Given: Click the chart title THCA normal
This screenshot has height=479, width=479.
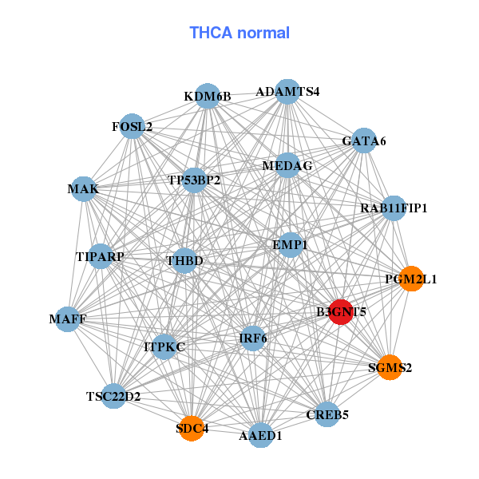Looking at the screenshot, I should point(239,33).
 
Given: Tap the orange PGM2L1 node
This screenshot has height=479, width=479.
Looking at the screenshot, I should point(410,279).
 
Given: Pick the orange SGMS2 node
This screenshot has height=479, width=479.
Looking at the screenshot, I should point(390,367).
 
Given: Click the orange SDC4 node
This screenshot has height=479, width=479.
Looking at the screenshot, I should point(192,429).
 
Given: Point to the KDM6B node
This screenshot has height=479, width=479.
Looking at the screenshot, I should point(208,96).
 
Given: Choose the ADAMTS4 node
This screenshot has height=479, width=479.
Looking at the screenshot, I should point(287,91).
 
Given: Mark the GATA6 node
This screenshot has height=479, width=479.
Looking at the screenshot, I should point(364,141).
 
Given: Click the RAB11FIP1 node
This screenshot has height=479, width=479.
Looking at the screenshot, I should point(394,208).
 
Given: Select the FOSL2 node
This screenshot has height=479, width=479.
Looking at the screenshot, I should point(133,126).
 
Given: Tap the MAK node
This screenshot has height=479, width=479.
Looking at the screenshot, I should point(83,189).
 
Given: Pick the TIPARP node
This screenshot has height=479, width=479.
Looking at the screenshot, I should point(100,256).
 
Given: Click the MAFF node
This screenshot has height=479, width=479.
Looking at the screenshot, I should point(68,319).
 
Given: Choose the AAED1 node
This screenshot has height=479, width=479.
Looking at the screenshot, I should point(261,436).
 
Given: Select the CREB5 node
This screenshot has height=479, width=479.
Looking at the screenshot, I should point(327,414).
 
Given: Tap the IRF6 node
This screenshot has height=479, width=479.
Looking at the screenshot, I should point(253,338).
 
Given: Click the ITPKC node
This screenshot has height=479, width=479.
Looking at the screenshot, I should point(164,346).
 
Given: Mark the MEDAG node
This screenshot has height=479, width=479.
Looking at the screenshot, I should point(287,165).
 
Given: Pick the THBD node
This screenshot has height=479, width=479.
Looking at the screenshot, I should point(185,260).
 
